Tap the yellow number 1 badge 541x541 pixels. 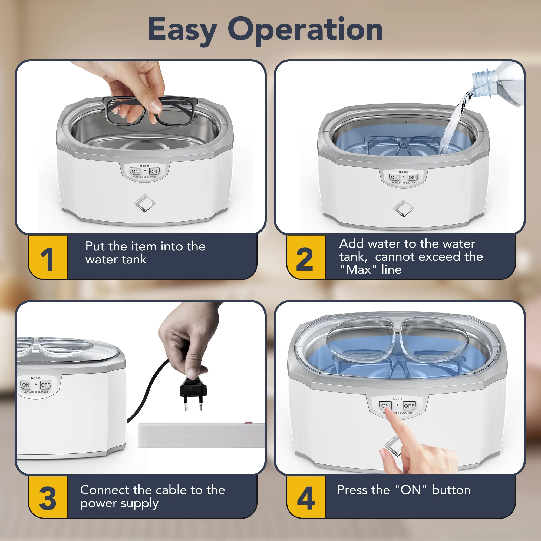[x=48, y=257]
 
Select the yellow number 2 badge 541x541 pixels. [x=306, y=257]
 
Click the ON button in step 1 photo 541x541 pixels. [x=135, y=171]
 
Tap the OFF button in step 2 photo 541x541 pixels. [x=413, y=177]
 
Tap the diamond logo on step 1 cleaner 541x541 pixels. [x=145, y=203]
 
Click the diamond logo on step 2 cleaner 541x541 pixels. [x=404, y=209]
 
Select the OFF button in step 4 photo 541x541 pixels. [x=409, y=406]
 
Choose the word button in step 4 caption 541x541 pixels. [x=451, y=490]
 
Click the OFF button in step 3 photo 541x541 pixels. [x=45, y=385]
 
